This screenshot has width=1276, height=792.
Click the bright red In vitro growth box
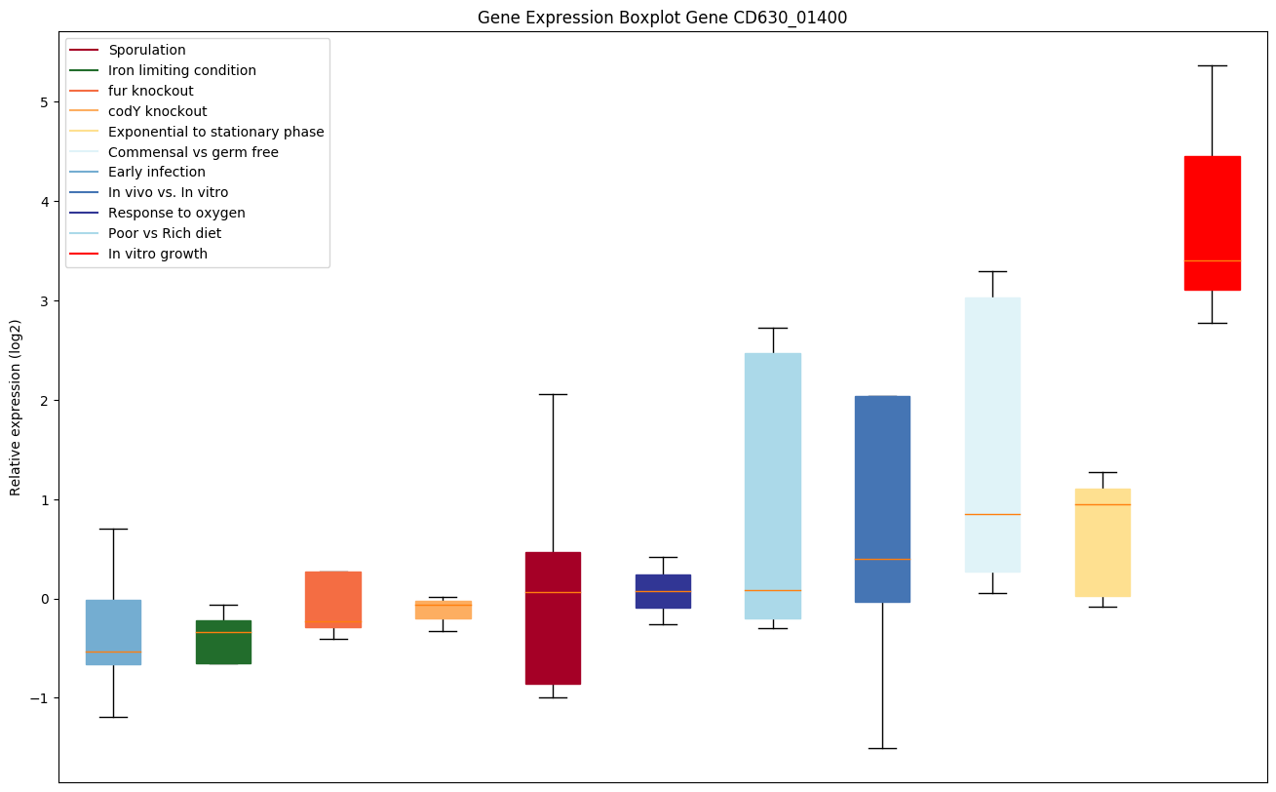pos(1212,222)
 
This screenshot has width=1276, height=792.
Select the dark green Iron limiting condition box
pos(223,642)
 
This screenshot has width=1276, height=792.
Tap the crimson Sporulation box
pos(553,617)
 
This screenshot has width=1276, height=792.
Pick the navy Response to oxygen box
pos(663,591)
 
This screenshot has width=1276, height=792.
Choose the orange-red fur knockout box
pos(333,599)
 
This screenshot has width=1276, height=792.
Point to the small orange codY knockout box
pos(444,610)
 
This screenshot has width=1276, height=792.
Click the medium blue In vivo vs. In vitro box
pos(882,498)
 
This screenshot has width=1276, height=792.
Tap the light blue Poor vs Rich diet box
pos(773,486)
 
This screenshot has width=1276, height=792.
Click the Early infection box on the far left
pos(113,632)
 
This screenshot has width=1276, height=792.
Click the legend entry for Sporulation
pos(147,50)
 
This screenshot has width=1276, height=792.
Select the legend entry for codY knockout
pos(157,111)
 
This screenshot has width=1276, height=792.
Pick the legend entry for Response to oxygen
pos(176,213)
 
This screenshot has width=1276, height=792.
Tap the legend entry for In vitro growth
pos(158,254)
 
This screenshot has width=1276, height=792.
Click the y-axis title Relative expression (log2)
pos(17,407)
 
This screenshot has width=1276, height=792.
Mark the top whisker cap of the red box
pos(1212,65)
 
